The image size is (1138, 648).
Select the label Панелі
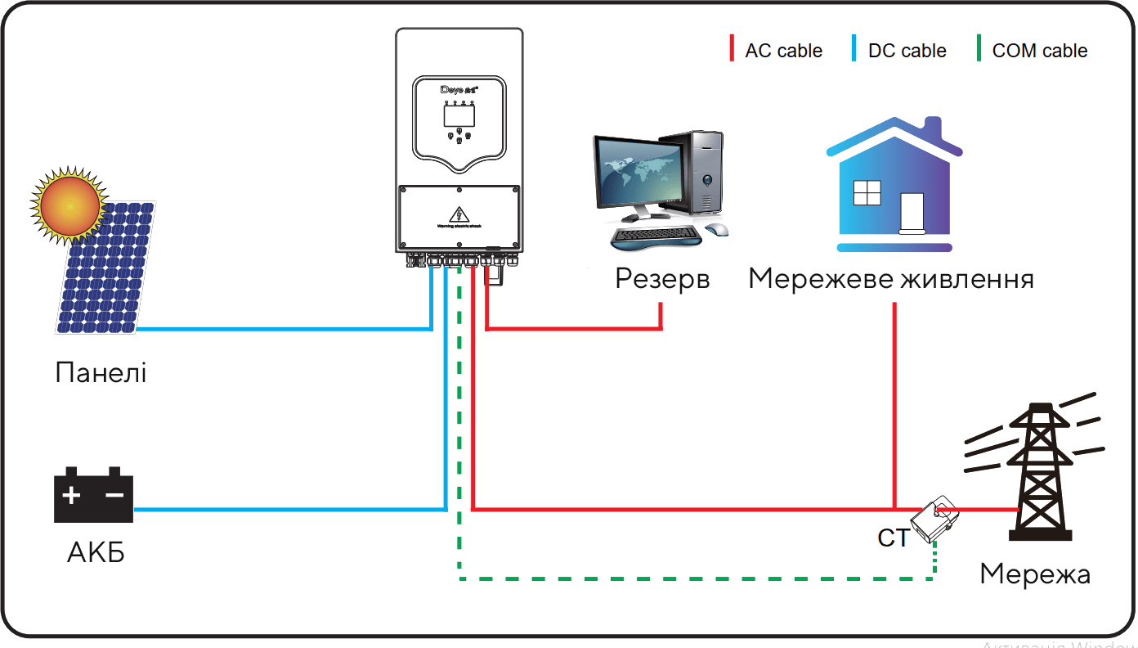coord(101,373)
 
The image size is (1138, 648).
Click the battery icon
coord(93,496)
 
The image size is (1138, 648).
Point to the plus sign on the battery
coord(72,495)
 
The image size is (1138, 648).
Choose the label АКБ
coord(96,553)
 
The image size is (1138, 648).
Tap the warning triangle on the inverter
coord(459,215)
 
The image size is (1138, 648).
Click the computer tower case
coord(704,176)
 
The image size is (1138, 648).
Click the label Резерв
coord(662,279)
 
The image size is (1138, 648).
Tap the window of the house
coord(865,192)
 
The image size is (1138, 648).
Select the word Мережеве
coord(820,279)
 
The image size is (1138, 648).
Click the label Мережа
coord(1035,574)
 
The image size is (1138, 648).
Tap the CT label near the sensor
coord(893,538)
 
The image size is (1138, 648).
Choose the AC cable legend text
coord(783,51)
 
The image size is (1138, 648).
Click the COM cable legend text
coord(1039,51)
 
